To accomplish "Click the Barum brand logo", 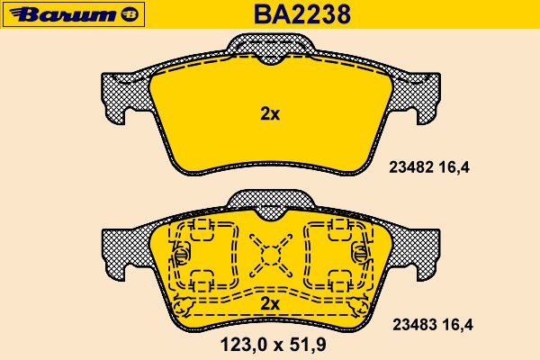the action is (x=74, y=14).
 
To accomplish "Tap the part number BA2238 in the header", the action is (x=302, y=14).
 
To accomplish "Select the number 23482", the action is (x=411, y=167).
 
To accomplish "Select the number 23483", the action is (x=415, y=325).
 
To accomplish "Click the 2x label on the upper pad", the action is (x=270, y=113).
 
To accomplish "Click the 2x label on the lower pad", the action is (x=270, y=303).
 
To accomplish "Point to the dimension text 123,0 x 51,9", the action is (x=273, y=345).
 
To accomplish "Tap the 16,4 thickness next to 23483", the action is (x=458, y=325).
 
